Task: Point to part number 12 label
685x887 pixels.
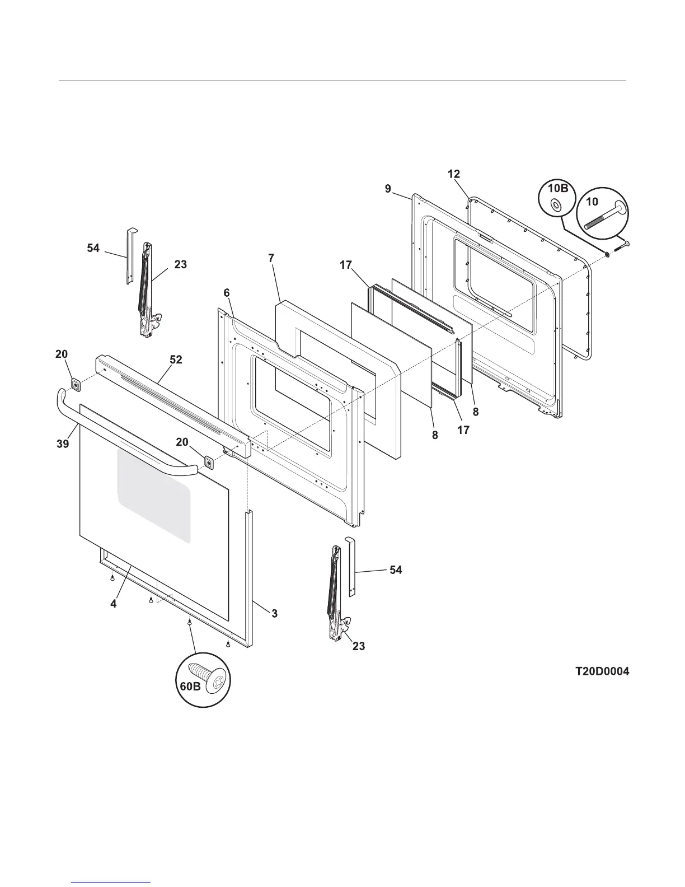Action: tap(454, 174)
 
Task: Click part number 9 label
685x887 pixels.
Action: tap(388, 189)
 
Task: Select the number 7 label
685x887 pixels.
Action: tap(271, 258)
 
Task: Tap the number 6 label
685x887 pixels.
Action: tap(227, 293)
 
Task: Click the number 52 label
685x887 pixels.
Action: tap(176, 360)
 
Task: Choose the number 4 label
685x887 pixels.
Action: tap(114, 604)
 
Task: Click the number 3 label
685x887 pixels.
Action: tap(274, 613)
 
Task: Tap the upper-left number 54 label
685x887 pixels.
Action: tap(93, 248)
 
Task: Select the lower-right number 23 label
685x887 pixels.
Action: tap(359, 646)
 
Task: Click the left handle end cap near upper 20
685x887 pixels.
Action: tap(74, 384)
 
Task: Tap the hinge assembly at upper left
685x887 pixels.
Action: tap(148, 288)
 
